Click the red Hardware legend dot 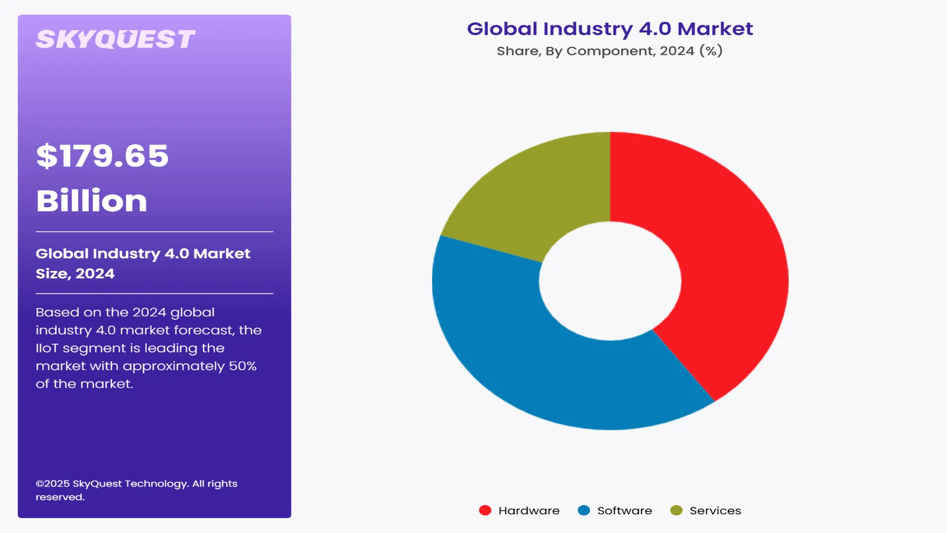coord(485,510)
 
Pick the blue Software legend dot coord(583,510)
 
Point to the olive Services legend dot coord(676,510)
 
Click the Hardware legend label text coord(529,511)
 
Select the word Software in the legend coord(624,511)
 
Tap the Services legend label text coord(715,511)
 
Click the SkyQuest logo coord(115,39)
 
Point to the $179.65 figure coord(103,156)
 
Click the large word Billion coord(92,201)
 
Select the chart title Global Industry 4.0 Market coord(610,29)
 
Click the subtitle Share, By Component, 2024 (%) coord(610,51)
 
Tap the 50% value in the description coord(243,366)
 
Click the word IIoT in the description coord(47,348)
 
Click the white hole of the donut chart coord(610,281)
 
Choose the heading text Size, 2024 coord(75,274)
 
